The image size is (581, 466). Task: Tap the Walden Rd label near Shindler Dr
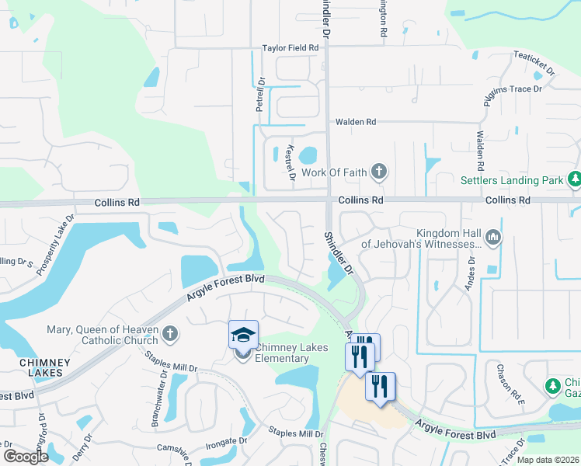point(355,122)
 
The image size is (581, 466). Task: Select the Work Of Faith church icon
point(378,172)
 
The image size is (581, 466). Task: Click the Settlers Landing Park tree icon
point(575,180)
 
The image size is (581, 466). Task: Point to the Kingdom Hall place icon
point(492,235)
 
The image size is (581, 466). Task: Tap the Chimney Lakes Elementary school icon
point(243,336)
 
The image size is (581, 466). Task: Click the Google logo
point(26,457)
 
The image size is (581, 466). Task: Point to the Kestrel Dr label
point(290,162)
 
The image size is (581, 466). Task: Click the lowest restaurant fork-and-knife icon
point(380,386)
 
